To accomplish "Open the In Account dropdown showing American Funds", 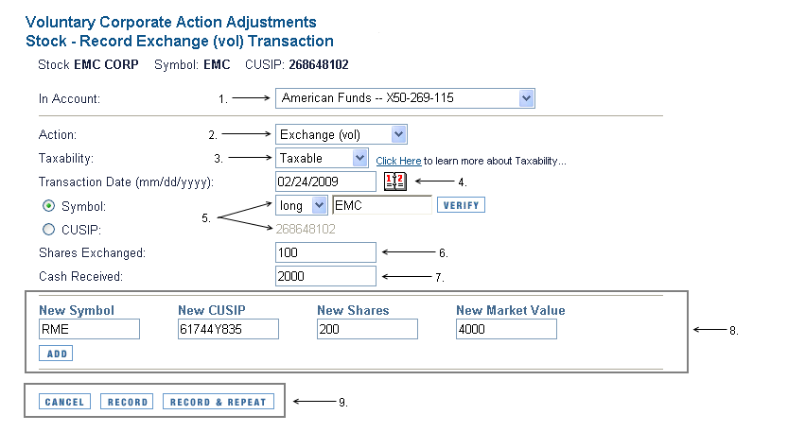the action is click(405, 98).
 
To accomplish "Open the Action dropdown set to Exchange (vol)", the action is click(341, 134).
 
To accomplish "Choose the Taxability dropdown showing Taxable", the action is click(322, 158).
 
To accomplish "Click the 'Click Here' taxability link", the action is click(398, 161).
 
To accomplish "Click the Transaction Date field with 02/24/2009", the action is click(325, 181).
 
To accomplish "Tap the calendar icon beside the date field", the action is click(395, 181).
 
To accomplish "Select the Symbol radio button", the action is click(49, 206).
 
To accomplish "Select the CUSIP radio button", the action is click(49, 230).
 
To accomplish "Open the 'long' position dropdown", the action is click(302, 205).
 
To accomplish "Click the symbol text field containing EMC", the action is click(382, 205).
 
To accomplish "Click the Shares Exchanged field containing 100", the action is click(325, 252).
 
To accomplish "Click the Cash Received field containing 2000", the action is click(325, 276).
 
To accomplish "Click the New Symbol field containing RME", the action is click(90, 329).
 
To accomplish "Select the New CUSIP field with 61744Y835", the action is click(228, 329).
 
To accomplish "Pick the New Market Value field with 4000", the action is click(507, 329).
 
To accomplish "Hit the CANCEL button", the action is click(65, 402).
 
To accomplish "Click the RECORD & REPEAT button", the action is click(219, 402).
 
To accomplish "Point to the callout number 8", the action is click(734, 331).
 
